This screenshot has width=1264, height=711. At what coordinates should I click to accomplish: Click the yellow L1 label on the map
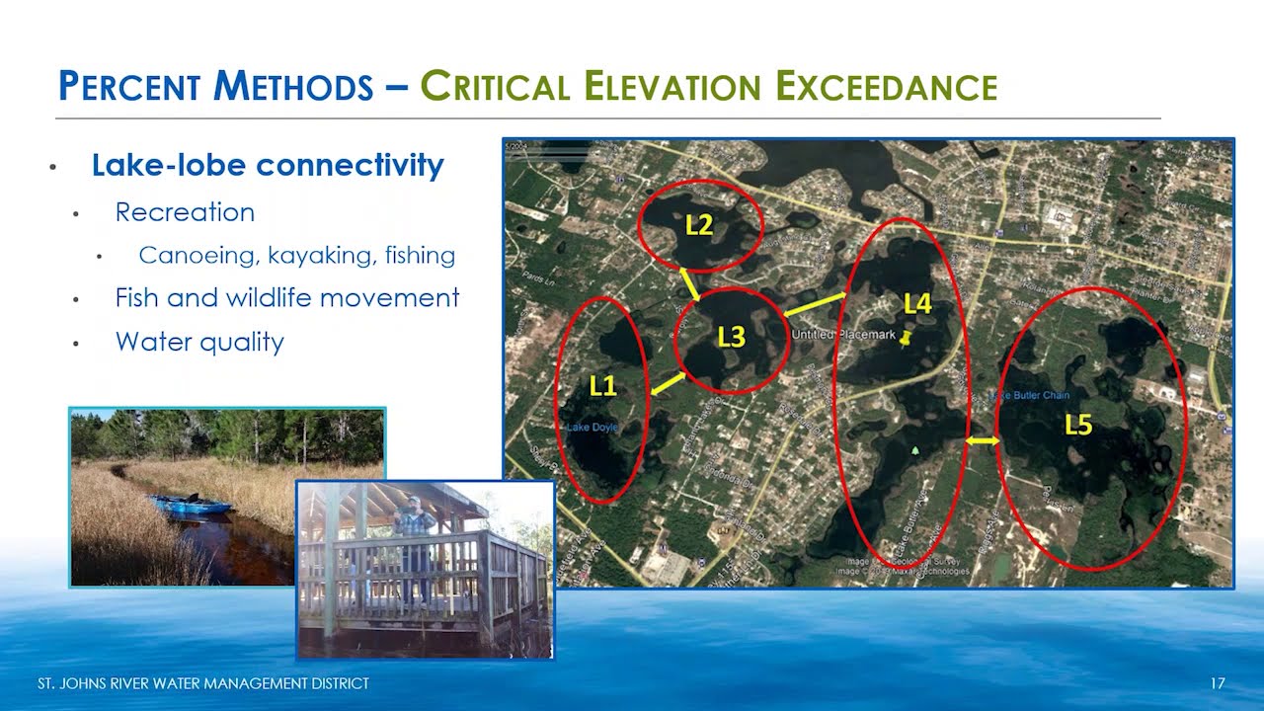[602, 387]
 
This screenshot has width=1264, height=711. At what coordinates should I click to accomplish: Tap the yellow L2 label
[699, 225]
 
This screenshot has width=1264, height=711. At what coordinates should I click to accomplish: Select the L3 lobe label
[731, 338]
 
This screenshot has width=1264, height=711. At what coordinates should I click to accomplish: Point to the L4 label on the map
[917, 304]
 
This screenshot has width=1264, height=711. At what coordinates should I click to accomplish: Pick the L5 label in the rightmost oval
[1078, 426]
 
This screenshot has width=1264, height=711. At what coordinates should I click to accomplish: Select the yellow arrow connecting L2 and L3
[689, 284]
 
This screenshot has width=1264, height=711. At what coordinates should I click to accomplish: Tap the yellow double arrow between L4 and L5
[983, 441]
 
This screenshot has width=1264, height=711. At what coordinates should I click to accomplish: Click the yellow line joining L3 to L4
[816, 305]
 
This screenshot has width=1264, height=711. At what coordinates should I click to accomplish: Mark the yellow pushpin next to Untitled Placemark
[906, 337]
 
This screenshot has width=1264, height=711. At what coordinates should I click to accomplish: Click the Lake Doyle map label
[592, 428]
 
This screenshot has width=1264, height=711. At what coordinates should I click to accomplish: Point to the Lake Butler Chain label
[1031, 396]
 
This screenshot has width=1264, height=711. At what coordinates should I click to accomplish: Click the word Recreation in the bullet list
[185, 212]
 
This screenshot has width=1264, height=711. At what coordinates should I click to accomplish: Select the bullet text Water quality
[199, 342]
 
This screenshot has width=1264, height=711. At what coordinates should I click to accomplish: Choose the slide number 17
[1217, 683]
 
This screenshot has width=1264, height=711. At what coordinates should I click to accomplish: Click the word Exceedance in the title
[886, 87]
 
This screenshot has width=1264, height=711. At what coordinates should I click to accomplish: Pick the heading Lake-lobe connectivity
[268, 165]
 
